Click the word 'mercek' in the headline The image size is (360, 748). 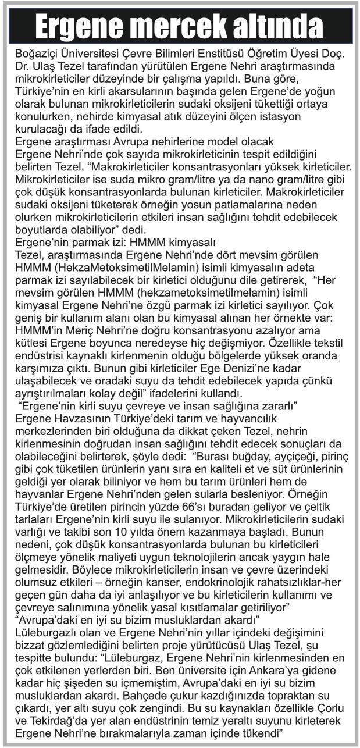(179, 26)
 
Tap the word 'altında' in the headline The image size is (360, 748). (280, 26)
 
